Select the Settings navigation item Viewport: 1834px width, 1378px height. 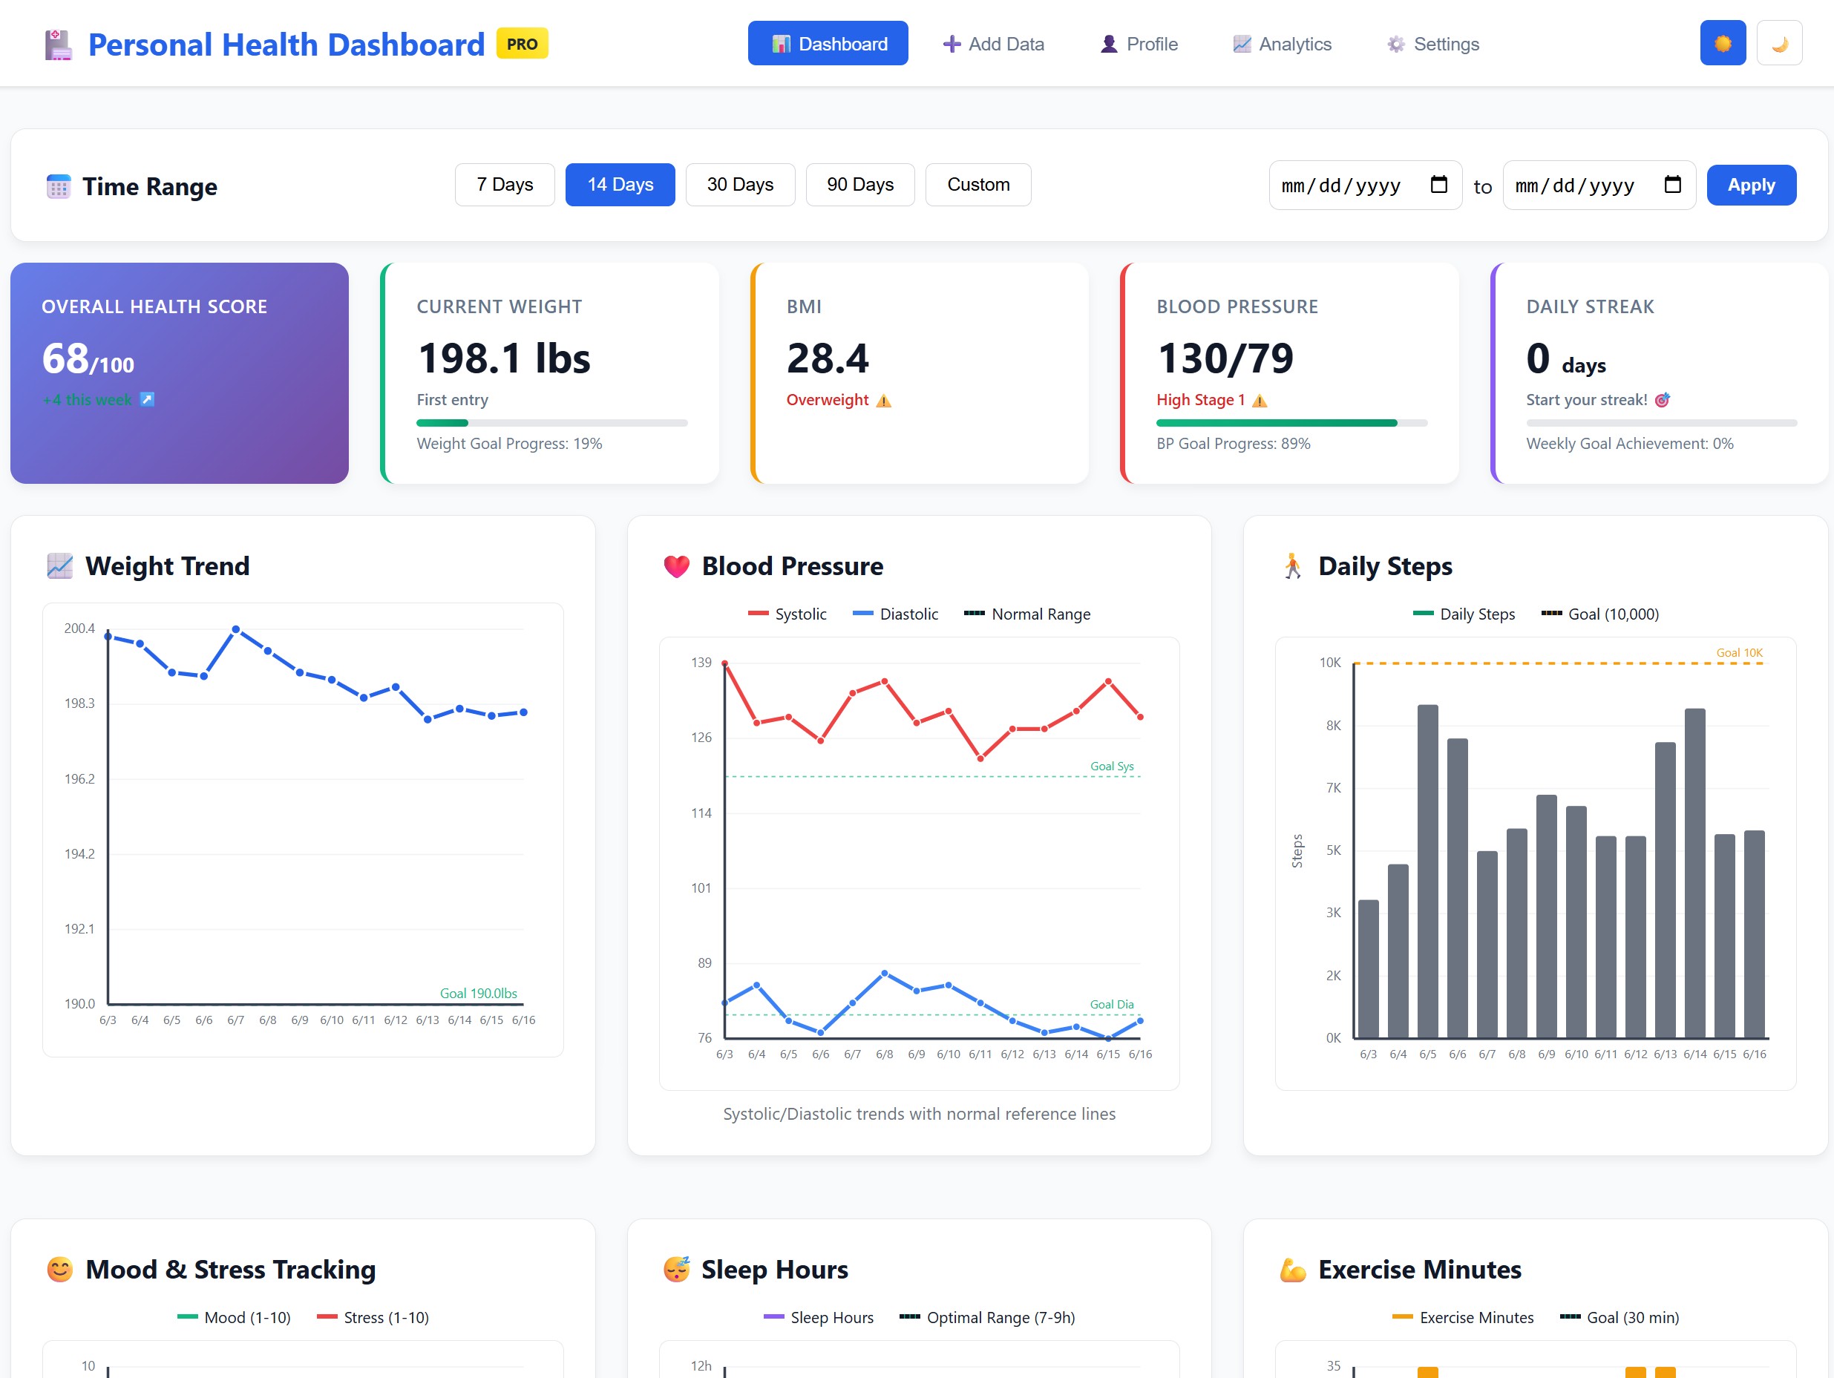coord(1432,44)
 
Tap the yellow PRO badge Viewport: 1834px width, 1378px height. coord(522,44)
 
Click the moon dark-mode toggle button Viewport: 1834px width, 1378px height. coord(1778,43)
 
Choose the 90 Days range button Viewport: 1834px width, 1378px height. coord(859,185)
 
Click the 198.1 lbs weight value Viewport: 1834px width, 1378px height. coord(503,359)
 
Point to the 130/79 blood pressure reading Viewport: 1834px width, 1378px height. coord(1225,359)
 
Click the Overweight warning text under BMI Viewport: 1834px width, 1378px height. coord(827,401)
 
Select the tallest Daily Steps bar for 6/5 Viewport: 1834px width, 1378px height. coord(1427,870)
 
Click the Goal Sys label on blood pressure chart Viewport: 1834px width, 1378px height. coord(1111,766)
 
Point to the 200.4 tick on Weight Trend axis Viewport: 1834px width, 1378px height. coord(79,629)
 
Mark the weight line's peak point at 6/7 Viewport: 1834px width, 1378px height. coord(235,629)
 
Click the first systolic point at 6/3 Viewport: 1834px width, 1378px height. coord(724,663)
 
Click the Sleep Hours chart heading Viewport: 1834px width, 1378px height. coord(773,1270)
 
